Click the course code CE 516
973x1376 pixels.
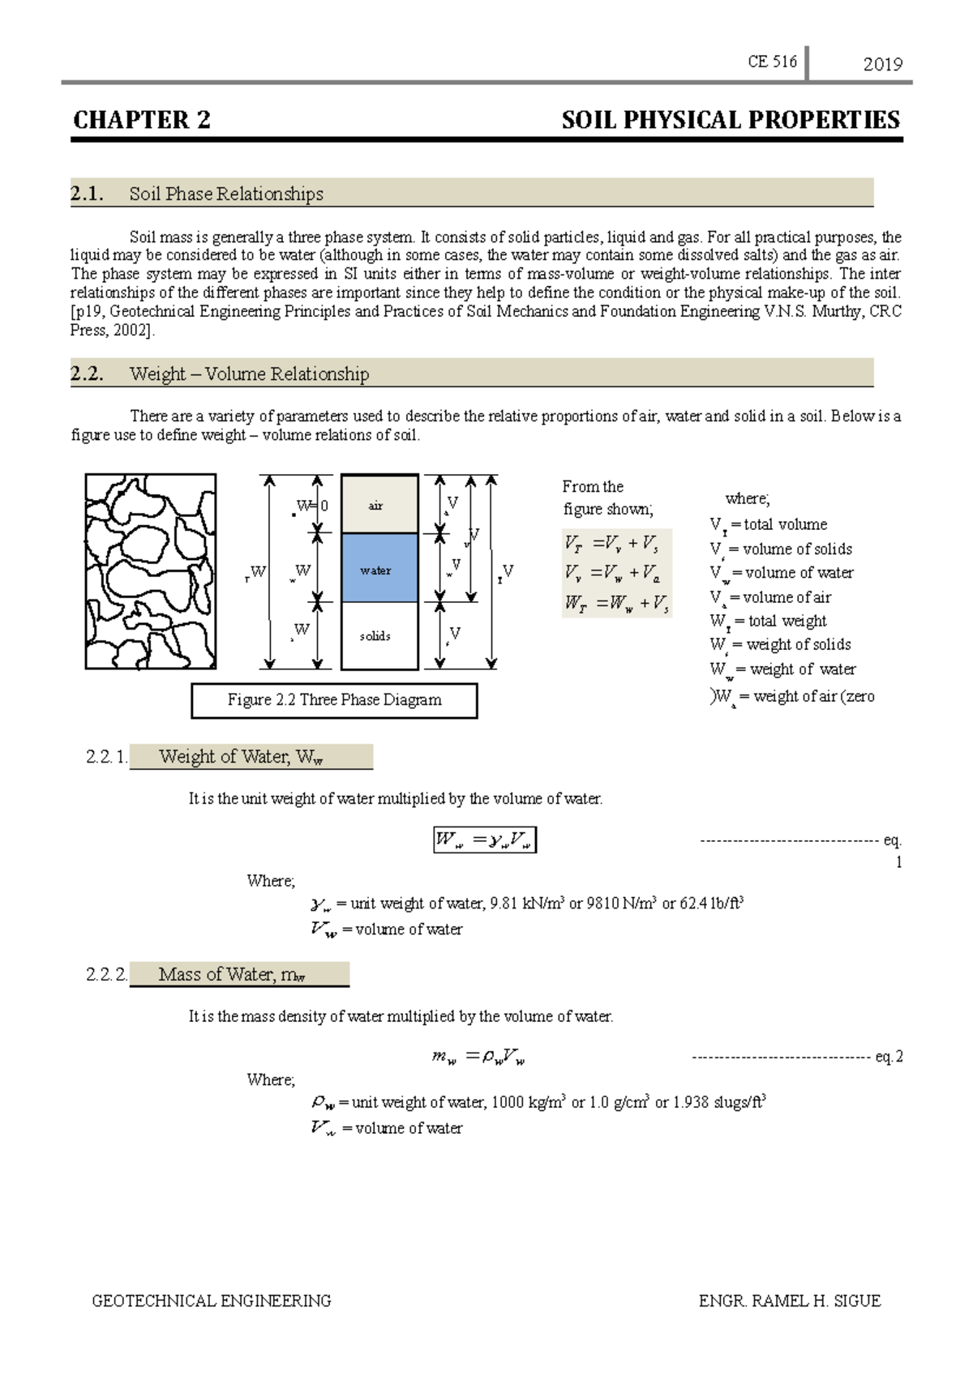[x=771, y=62]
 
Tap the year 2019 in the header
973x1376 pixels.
[x=882, y=65]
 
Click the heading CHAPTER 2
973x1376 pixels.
[x=142, y=121]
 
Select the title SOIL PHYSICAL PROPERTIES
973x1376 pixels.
[x=730, y=121]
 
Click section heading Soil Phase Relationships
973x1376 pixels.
[x=226, y=194]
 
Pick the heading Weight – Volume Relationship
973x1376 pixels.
[x=249, y=374]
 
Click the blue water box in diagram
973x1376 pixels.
[x=379, y=568]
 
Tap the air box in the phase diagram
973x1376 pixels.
[x=379, y=505]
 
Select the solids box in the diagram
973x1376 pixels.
[x=379, y=636]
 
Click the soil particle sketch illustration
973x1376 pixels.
[x=151, y=571]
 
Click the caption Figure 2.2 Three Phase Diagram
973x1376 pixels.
[x=334, y=700]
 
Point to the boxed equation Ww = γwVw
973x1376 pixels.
[x=485, y=840]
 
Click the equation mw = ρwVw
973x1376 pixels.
[x=479, y=1057]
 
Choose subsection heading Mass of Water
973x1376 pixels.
[x=232, y=974]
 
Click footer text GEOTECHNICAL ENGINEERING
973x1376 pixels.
[x=212, y=1301]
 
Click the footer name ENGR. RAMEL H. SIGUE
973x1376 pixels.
[x=789, y=1301]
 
